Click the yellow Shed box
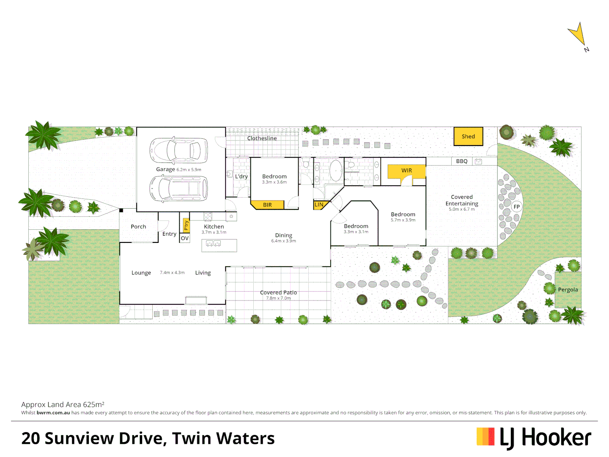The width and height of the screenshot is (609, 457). point(468,136)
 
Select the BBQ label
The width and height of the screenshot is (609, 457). point(462,161)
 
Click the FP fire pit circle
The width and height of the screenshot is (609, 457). point(516,206)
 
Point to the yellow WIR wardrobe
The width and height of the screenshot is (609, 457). point(406,171)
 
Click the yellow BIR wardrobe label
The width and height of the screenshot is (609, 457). point(267,205)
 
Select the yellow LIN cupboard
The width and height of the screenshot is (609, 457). point(319,205)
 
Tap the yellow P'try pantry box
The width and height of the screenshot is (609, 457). point(186,225)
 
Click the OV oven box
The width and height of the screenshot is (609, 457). point(185,238)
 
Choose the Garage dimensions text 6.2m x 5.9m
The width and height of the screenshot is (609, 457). point(189,170)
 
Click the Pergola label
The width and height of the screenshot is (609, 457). point(568,290)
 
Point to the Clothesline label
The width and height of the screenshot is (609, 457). point(262,138)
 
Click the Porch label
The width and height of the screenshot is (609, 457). point(138,227)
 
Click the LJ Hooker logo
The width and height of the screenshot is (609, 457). point(534,438)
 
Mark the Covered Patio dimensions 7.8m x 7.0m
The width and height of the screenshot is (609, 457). point(278,298)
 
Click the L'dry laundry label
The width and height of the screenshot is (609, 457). point(241,176)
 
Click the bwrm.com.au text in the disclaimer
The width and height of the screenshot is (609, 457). point(53,413)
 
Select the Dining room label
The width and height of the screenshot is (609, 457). point(283,235)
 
